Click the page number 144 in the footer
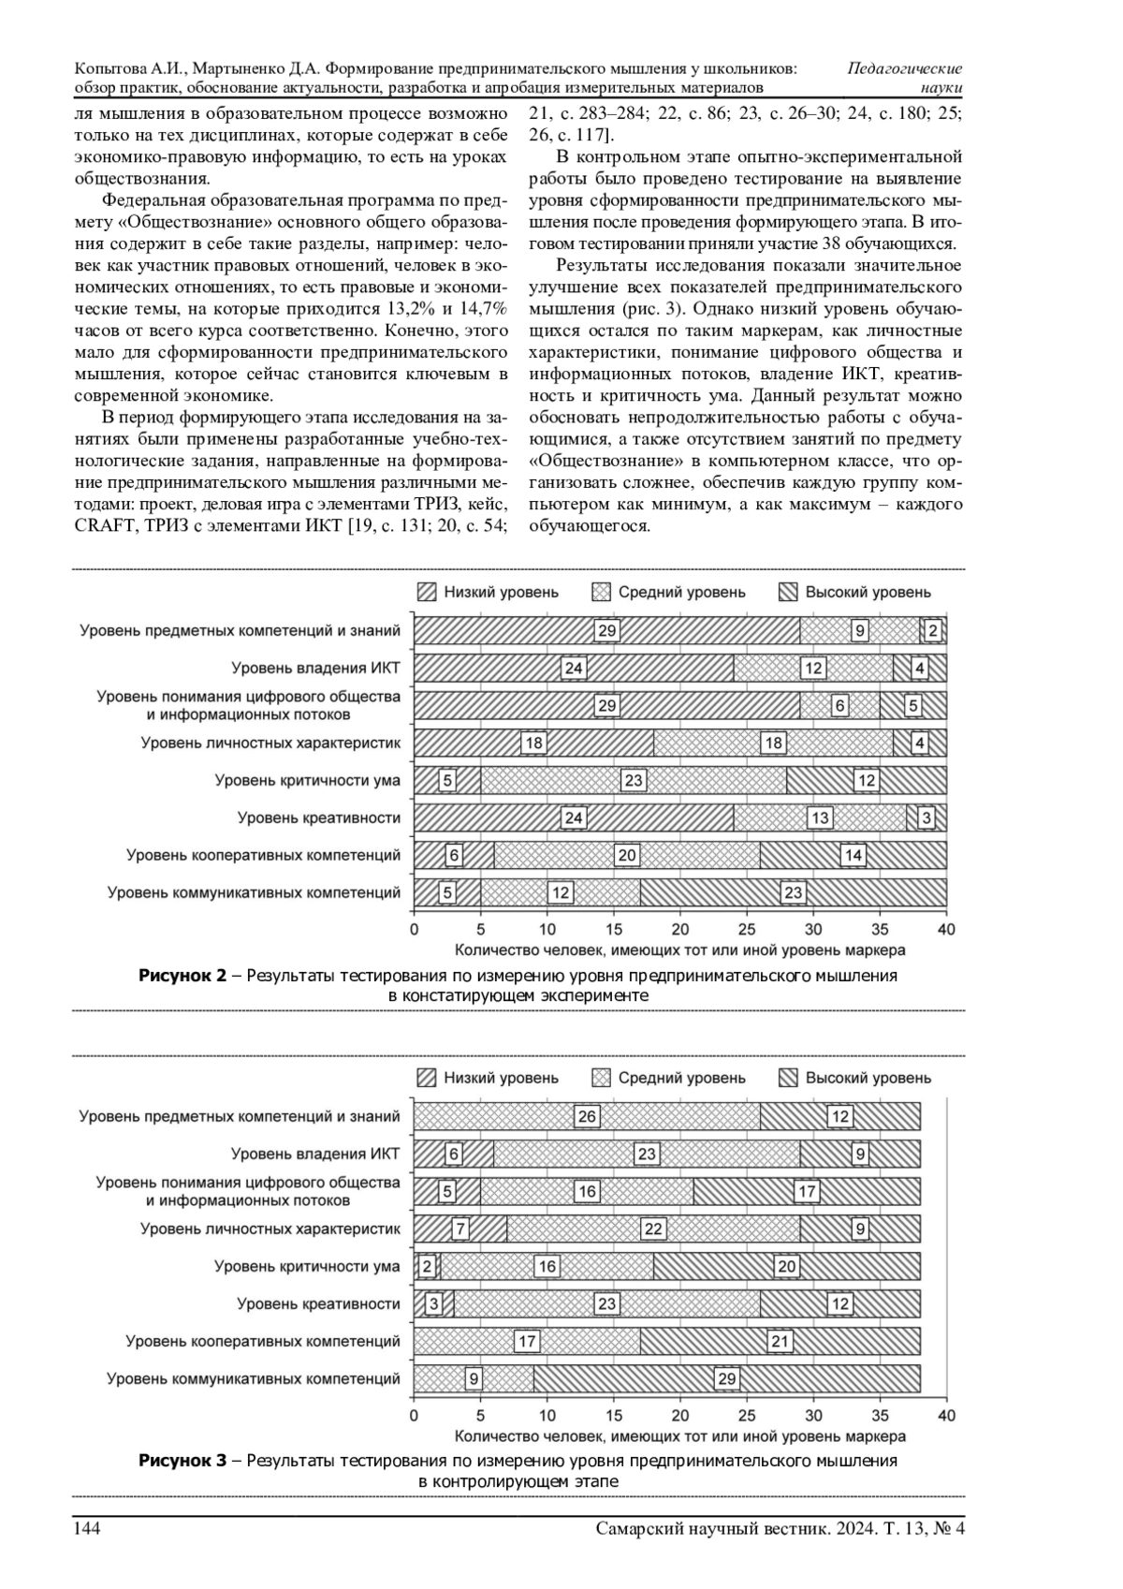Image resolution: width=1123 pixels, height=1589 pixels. point(87,1529)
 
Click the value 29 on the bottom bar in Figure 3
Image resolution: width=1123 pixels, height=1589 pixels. point(726,1378)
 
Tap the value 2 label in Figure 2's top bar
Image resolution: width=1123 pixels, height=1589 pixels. point(932,631)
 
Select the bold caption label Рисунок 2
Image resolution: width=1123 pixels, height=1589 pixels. point(183,976)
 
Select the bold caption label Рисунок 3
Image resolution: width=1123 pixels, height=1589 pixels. point(183,1461)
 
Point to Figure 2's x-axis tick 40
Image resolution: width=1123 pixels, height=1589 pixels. point(946,930)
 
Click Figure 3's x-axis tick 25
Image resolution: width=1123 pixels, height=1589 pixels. point(747,1416)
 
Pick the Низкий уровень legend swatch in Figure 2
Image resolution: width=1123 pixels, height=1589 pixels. point(427,592)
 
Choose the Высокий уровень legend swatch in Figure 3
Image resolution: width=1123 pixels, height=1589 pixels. point(788,1078)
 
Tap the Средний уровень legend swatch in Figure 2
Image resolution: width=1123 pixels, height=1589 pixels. point(601,592)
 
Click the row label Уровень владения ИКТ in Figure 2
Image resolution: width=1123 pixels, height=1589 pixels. point(315,668)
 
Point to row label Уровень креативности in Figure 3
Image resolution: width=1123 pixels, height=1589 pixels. point(318,1303)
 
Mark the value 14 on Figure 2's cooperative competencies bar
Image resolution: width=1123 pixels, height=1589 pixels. point(853,855)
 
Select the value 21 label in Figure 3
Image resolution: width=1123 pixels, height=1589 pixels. point(780,1341)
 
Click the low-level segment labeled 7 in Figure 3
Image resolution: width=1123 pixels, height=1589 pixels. point(459,1229)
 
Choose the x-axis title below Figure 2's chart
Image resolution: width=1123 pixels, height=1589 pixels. point(679,950)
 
